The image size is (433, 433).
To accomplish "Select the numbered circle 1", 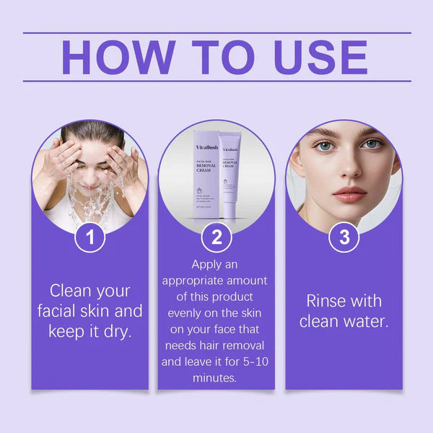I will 90,237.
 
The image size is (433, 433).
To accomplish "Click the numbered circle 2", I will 216,237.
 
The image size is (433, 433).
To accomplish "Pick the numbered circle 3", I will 344,237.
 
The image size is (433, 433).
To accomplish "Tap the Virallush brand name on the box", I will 206,146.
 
